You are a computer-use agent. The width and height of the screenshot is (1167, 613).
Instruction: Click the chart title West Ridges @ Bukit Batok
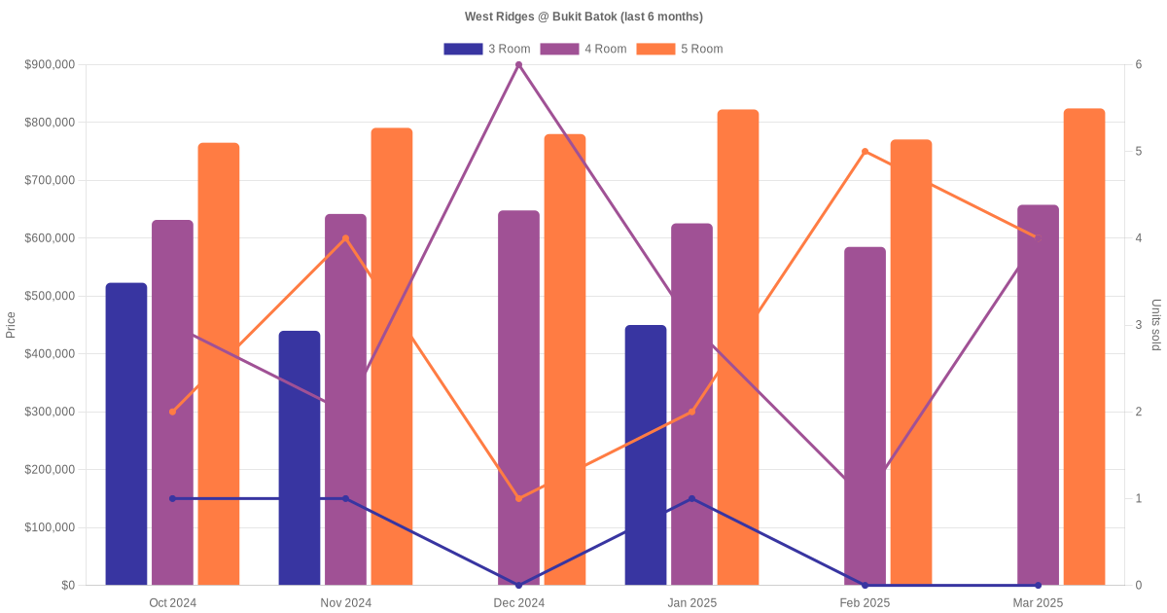[583, 17]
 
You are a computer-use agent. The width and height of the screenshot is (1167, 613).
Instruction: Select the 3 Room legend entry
[486, 49]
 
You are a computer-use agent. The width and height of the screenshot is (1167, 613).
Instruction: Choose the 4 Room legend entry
[583, 49]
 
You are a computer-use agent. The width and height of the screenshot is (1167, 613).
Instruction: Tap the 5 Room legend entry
[679, 49]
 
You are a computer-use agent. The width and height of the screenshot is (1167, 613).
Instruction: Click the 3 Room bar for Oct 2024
[126, 434]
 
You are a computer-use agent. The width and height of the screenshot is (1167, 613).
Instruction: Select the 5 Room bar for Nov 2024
[392, 356]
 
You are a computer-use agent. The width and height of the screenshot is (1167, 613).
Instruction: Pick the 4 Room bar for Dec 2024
[518, 398]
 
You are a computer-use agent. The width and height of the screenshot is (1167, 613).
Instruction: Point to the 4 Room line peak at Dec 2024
[518, 65]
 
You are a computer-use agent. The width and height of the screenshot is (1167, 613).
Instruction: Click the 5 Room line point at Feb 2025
[865, 152]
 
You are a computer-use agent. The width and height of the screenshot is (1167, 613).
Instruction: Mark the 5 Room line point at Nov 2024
[345, 238]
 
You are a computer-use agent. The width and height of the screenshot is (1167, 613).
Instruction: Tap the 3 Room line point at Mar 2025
[1038, 585]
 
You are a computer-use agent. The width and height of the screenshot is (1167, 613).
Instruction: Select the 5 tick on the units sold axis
[1138, 152]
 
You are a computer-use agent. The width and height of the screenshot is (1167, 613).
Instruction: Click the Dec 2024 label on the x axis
[518, 603]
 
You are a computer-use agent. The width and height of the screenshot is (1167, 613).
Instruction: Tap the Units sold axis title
[1155, 325]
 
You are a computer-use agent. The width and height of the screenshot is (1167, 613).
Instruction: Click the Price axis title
[11, 325]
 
